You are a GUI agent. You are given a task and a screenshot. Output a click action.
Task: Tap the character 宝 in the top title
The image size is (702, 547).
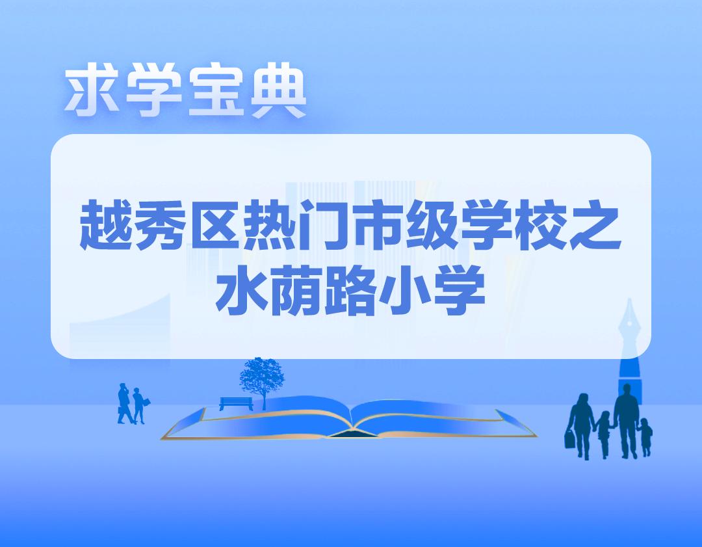213,92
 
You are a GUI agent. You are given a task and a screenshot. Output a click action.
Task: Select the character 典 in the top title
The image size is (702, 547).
276,92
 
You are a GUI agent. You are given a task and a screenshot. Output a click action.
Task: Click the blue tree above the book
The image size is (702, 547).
262,376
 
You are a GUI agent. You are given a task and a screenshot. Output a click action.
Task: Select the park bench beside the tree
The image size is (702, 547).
235,403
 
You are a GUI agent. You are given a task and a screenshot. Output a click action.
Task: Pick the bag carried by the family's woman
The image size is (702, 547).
570,440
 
